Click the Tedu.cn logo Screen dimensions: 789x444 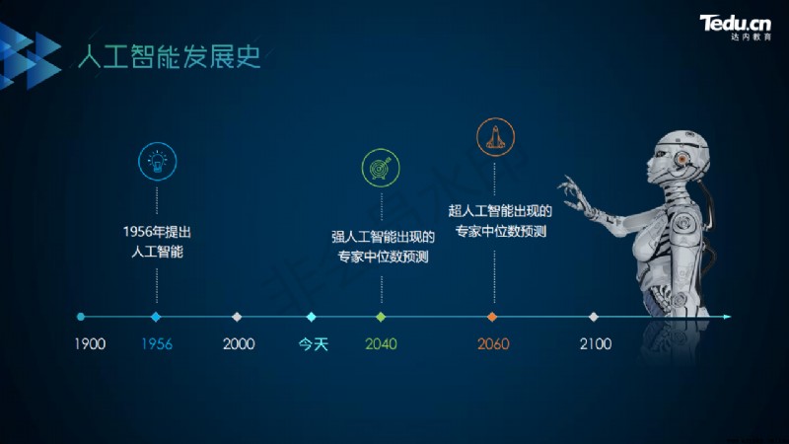tap(735, 28)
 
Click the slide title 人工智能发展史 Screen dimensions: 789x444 tap(170, 56)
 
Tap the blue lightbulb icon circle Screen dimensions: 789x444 tap(158, 161)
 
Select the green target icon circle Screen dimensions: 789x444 tap(381, 168)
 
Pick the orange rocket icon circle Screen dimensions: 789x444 tap(496, 137)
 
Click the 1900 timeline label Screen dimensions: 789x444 tap(90, 344)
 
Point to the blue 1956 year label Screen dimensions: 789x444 tap(157, 344)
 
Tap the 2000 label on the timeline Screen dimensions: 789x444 tap(239, 344)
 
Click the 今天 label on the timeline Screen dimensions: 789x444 tap(313, 344)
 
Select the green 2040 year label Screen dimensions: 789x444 tap(381, 344)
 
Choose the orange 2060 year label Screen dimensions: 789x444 tap(493, 344)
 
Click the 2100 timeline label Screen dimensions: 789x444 tap(596, 344)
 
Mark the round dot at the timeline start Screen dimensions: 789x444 tap(81, 317)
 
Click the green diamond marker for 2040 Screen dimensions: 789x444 tap(381, 317)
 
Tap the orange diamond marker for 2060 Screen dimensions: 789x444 tap(492, 317)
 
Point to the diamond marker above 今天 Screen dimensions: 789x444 tap(311, 317)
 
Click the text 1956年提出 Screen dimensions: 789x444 tap(157, 232)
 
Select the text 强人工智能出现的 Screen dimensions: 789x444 tap(383, 237)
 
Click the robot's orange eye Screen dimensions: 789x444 tap(681, 159)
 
